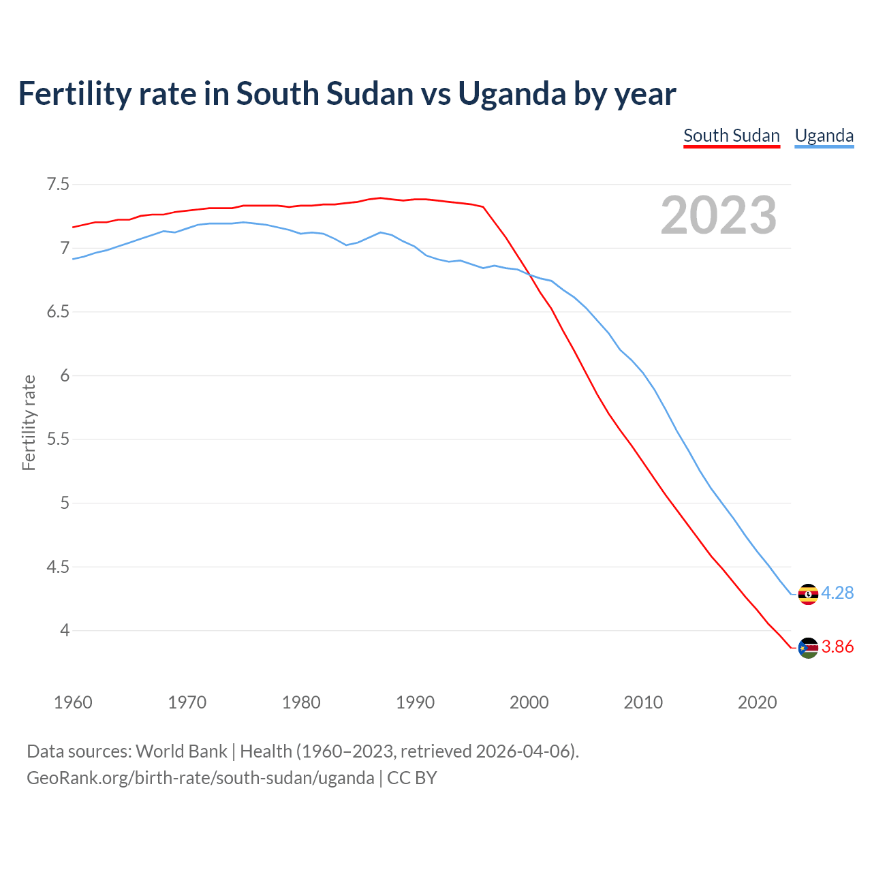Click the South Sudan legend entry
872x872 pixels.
(x=731, y=136)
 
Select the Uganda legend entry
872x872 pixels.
(x=824, y=136)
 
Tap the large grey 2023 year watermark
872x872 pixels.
(x=718, y=215)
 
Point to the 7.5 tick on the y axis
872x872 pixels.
(x=57, y=185)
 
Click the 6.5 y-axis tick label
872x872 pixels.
(x=57, y=312)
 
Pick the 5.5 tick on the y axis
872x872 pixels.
(x=57, y=439)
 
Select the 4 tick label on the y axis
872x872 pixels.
(x=65, y=631)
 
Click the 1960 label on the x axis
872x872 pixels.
(x=73, y=702)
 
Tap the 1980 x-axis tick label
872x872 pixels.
(x=301, y=702)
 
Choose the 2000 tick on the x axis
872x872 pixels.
(x=529, y=702)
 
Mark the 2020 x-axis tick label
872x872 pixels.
(x=757, y=702)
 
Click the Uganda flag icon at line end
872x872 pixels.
(x=808, y=594)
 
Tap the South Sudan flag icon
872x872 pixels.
(x=808, y=648)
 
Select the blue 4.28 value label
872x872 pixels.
(x=837, y=593)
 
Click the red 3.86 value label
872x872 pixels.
(x=837, y=647)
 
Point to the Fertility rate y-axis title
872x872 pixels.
(x=29, y=422)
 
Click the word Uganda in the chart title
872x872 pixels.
(x=512, y=93)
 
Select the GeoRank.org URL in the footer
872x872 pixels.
(x=200, y=778)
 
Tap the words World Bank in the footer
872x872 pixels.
(x=181, y=751)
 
